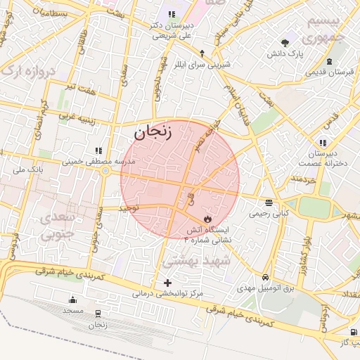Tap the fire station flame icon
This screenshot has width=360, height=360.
pos(207,219)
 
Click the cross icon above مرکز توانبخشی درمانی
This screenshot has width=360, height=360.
pos(167,283)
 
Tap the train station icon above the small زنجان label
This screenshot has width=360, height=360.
pos(97,314)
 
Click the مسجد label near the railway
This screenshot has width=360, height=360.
pos(73,310)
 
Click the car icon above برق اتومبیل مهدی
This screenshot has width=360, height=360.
pos(265,278)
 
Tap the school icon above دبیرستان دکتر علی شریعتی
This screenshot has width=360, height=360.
pos(172,14)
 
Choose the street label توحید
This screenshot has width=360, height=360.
pos(129,209)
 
